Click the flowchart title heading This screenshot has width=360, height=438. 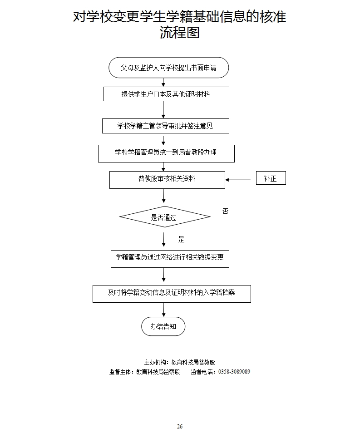point(180,25)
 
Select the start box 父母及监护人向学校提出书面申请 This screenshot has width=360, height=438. point(168,68)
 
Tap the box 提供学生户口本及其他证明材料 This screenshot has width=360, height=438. point(166,94)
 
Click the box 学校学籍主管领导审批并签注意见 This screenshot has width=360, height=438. point(165,126)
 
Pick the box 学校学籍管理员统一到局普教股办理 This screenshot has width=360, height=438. point(166,153)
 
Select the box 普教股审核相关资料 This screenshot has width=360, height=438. point(167,179)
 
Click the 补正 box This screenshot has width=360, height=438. point(271,178)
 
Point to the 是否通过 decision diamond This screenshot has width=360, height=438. point(164,217)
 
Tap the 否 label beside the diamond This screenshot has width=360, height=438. point(225,212)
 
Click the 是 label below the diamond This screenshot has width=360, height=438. point(182,239)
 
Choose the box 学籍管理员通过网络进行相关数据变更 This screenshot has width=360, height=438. point(170,258)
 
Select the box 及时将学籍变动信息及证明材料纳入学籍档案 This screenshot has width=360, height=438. point(172,293)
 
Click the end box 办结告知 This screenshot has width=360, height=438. point(163,326)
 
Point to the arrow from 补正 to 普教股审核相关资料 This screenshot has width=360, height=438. point(238,180)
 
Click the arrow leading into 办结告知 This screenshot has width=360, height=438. point(163,310)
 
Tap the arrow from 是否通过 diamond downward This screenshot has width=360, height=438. point(163,239)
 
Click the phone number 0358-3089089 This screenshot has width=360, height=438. point(234,372)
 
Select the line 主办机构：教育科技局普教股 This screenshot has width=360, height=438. point(179,362)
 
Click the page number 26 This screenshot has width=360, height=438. point(180,426)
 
